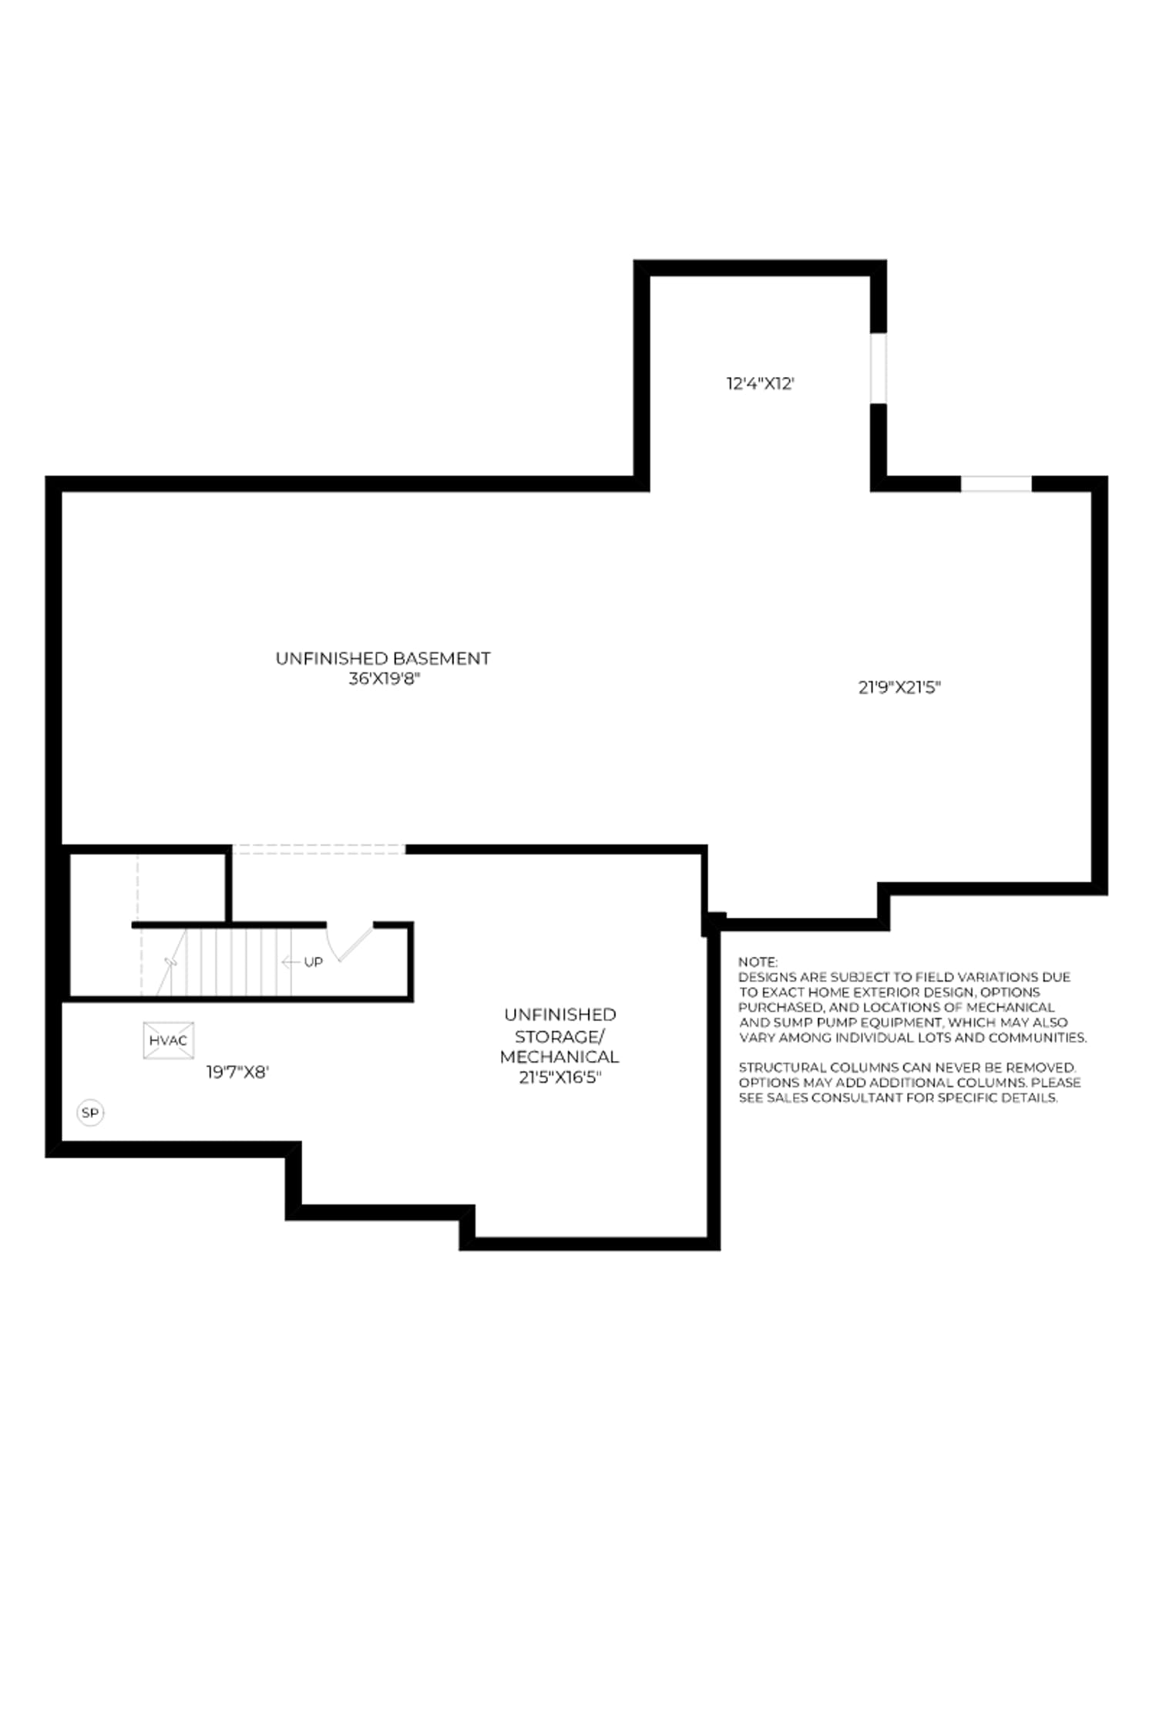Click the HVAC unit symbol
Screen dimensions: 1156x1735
click(x=168, y=1040)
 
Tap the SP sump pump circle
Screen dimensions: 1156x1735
click(x=90, y=1113)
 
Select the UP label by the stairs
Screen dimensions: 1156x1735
click(x=313, y=962)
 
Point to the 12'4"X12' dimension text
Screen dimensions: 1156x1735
click(x=760, y=383)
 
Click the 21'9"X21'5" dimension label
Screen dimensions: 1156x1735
click(x=899, y=687)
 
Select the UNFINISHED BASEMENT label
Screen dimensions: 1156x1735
click(x=383, y=659)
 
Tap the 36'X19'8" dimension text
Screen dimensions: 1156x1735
click(x=384, y=679)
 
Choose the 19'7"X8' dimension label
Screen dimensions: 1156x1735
click(x=237, y=1072)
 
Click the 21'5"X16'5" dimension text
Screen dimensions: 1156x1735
click(x=560, y=1077)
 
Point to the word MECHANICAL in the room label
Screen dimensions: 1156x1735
click(x=560, y=1056)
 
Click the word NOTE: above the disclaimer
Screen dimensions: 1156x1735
click(x=758, y=962)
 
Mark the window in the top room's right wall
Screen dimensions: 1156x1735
click(x=879, y=368)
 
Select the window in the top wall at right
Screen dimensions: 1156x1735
click(x=996, y=483)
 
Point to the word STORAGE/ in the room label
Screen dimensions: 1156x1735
click(x=560, y=1036)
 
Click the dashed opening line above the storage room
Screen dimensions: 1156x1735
click(x=319, y=849)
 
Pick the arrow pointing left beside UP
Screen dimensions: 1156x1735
click(x=291, y=962)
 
